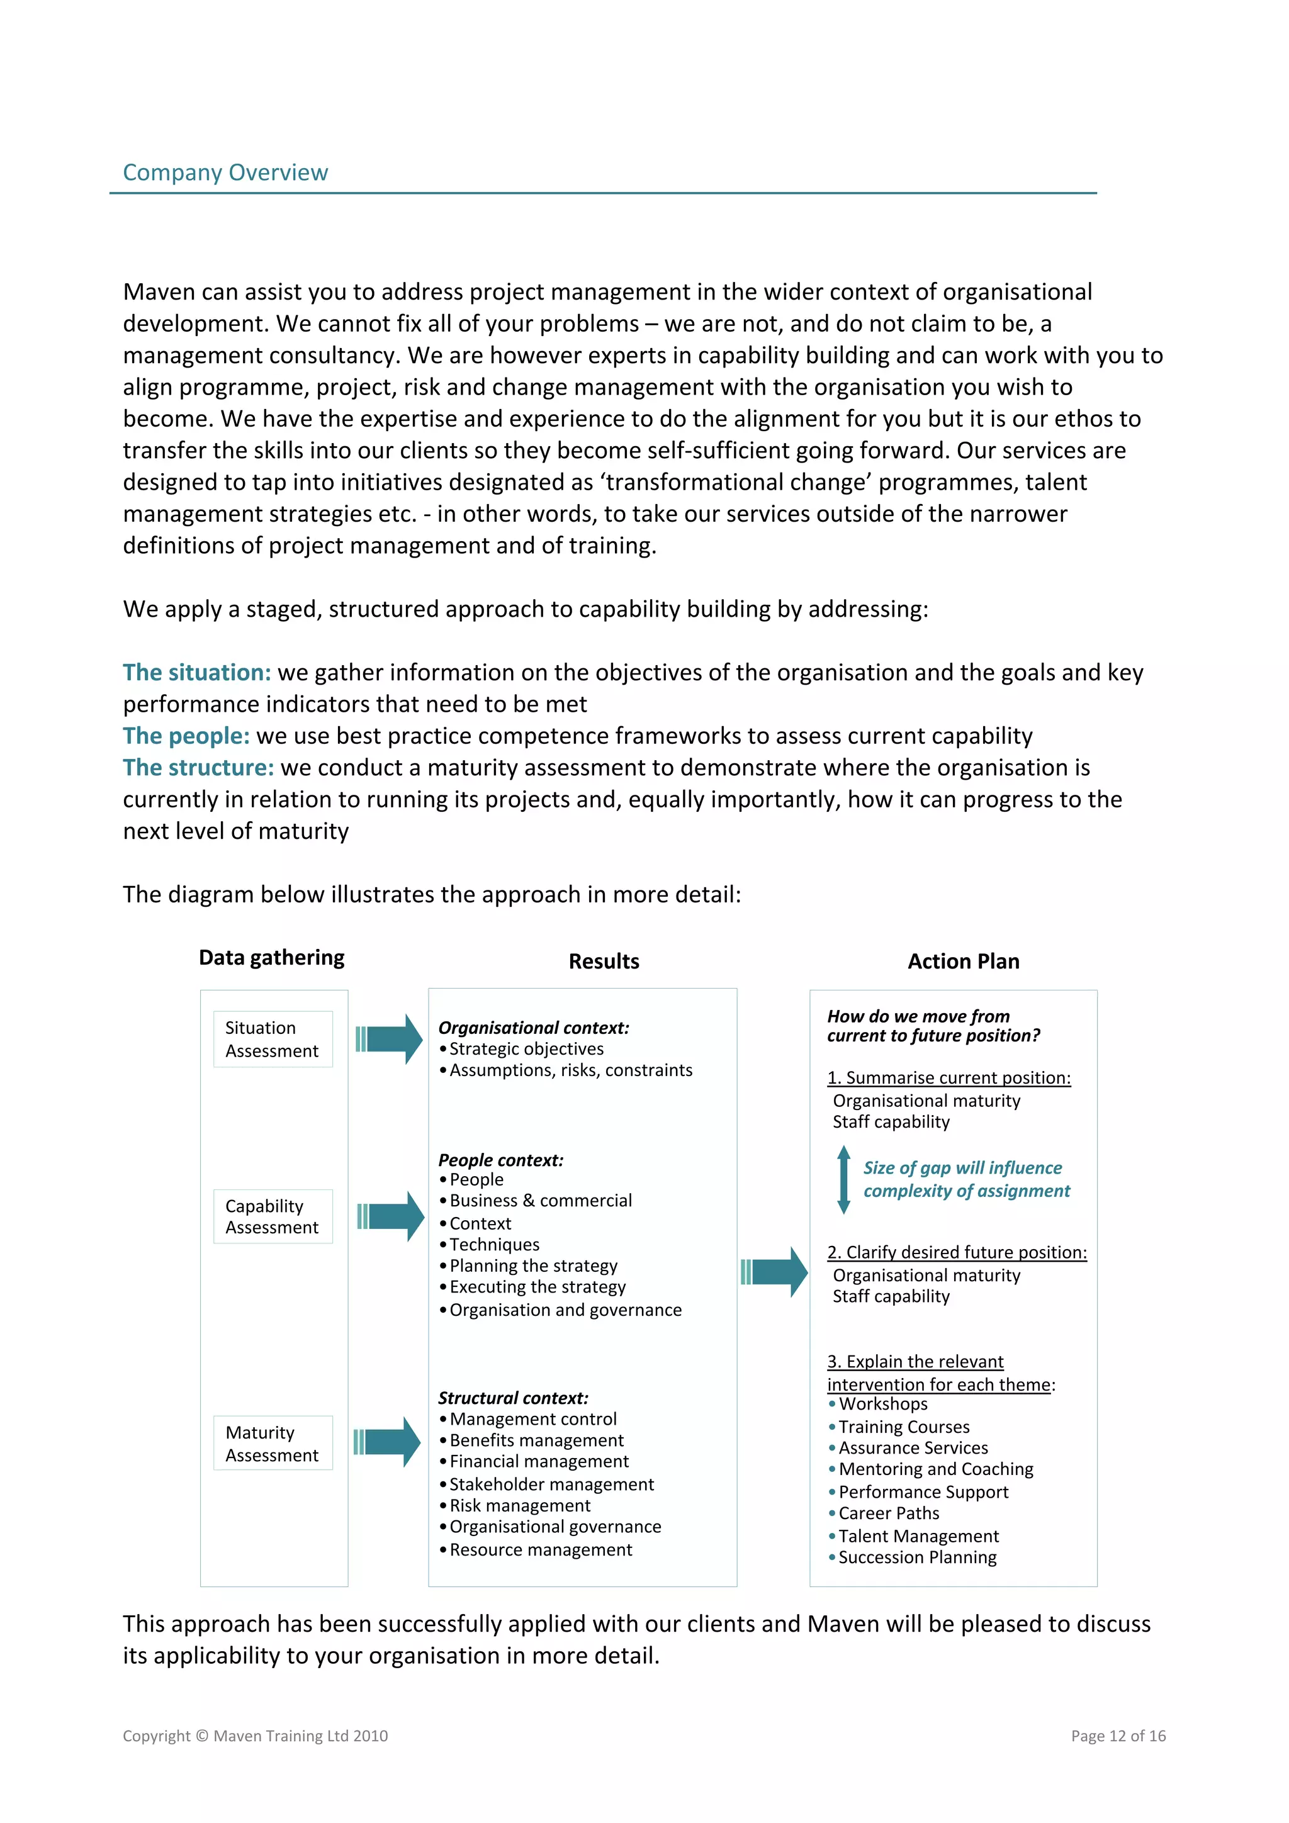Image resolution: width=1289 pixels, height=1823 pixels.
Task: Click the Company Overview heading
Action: pyautogui.click(x=225, y=172)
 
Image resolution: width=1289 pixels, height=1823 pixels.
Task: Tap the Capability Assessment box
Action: pyautogui.click(x=273, y=1216)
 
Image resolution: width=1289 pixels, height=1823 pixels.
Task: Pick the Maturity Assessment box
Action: pyautogui.click(x=273, y=1443)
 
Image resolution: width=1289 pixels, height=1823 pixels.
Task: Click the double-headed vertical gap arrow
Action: pyautogui.click(x=843, y=1179)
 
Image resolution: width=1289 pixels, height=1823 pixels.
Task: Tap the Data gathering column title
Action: pyautogui.click(x=272, y=958)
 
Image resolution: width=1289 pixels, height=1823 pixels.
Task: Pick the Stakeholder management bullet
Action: pyautogui.click(x=551, y=1484)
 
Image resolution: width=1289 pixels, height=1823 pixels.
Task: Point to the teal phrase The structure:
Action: pyautogui.click(x=198, y=768)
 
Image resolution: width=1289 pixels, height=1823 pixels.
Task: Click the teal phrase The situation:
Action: pyautogui.click(x=196, y=673)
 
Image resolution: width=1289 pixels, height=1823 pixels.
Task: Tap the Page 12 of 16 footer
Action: pyautogui.click(x=1117, y=1736)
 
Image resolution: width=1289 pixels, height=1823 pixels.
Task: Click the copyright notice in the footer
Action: pyautogui.click(x=255, y=1736)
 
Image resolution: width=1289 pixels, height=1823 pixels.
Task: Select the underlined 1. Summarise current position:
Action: pyautogui.click(x=948, y=1077)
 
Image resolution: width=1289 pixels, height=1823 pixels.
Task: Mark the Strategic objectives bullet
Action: pyautogui.click(x=526, y=1049)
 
